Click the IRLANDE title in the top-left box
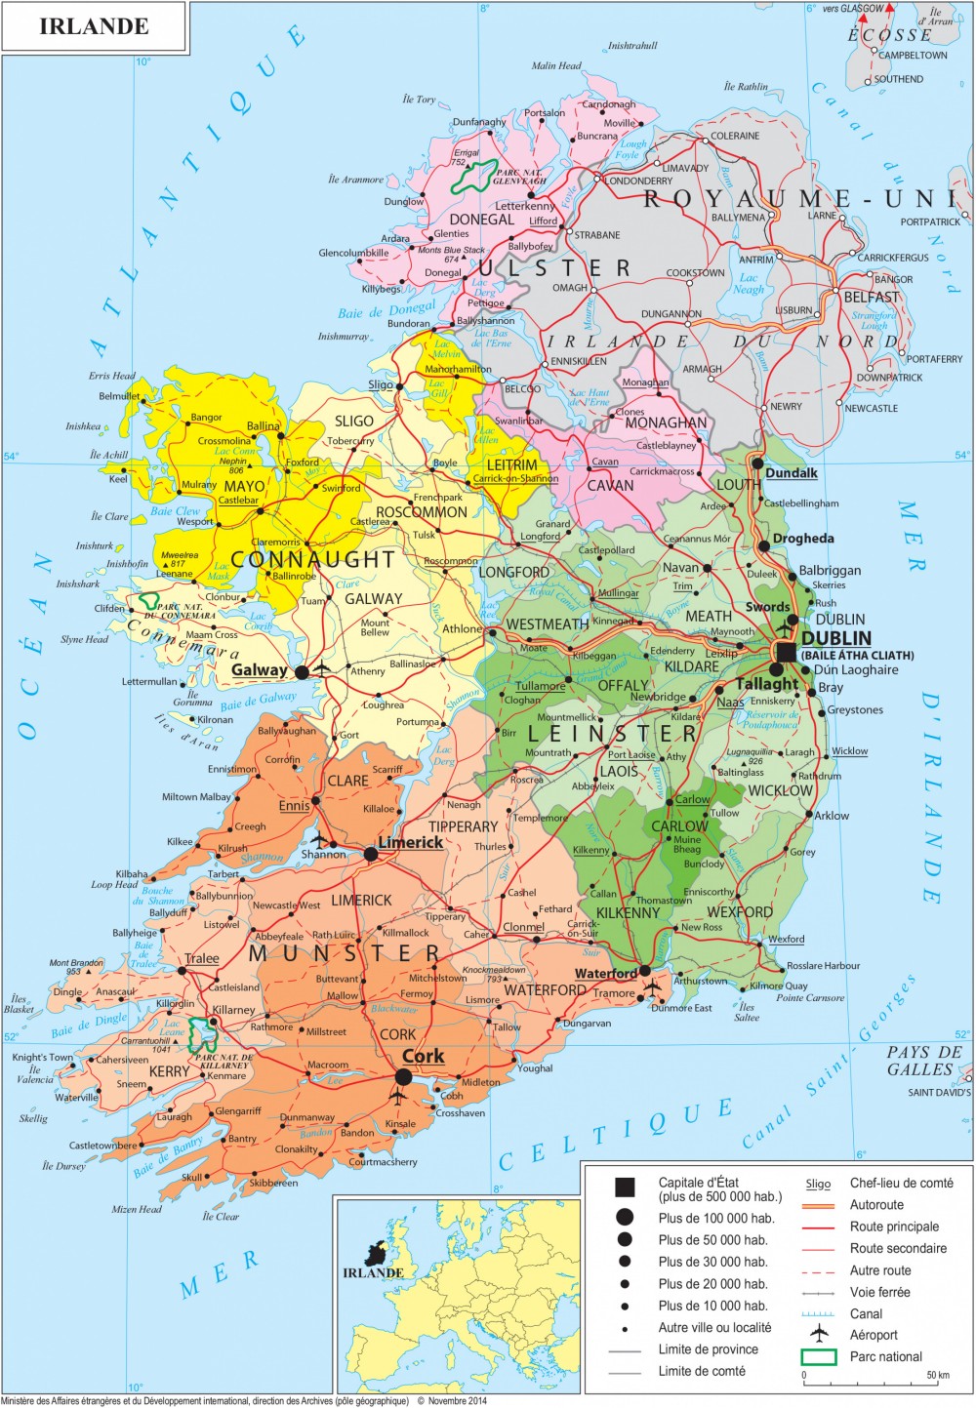(94, 26)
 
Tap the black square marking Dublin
(786, 651)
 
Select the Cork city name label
(423, 1056)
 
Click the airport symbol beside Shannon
(318, 840)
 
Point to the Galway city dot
(302, 672)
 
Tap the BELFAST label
(871, 297)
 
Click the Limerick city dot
(371, 854)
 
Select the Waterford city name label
(605, 973)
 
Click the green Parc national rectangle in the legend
(818, 1356)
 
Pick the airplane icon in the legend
(818, 1335)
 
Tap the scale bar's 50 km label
(937, 1375)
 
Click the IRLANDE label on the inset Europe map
(373, 1272)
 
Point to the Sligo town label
(380, 384)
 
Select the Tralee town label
(202, 958)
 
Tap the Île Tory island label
(419, 100)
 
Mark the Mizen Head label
(137, 1209)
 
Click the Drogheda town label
(802, 539)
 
